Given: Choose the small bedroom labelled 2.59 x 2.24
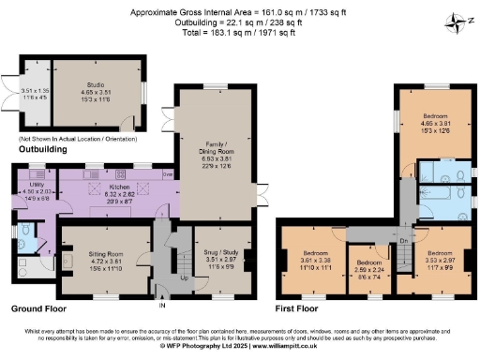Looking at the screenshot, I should pos(366,262).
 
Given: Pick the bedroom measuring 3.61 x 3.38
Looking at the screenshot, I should pos(311,252).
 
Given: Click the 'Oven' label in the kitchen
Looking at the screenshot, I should pos(167,173).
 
